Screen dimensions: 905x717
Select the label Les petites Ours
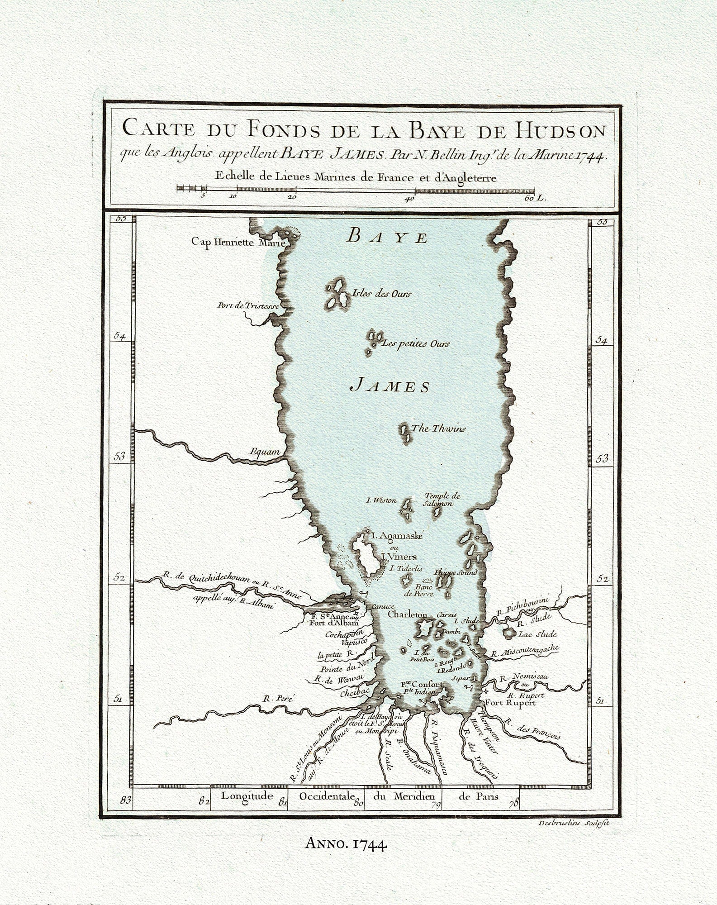[x=416, y=344]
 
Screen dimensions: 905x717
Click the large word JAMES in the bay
[x=390, y=386]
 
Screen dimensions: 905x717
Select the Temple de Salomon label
[x=442, y=500]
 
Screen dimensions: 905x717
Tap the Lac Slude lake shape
[x=509, y=632]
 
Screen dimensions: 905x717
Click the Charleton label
[x=407, y=615]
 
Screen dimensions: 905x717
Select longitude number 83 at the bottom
[x=125, y=800]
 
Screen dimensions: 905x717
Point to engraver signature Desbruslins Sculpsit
[x=574, y=824]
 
